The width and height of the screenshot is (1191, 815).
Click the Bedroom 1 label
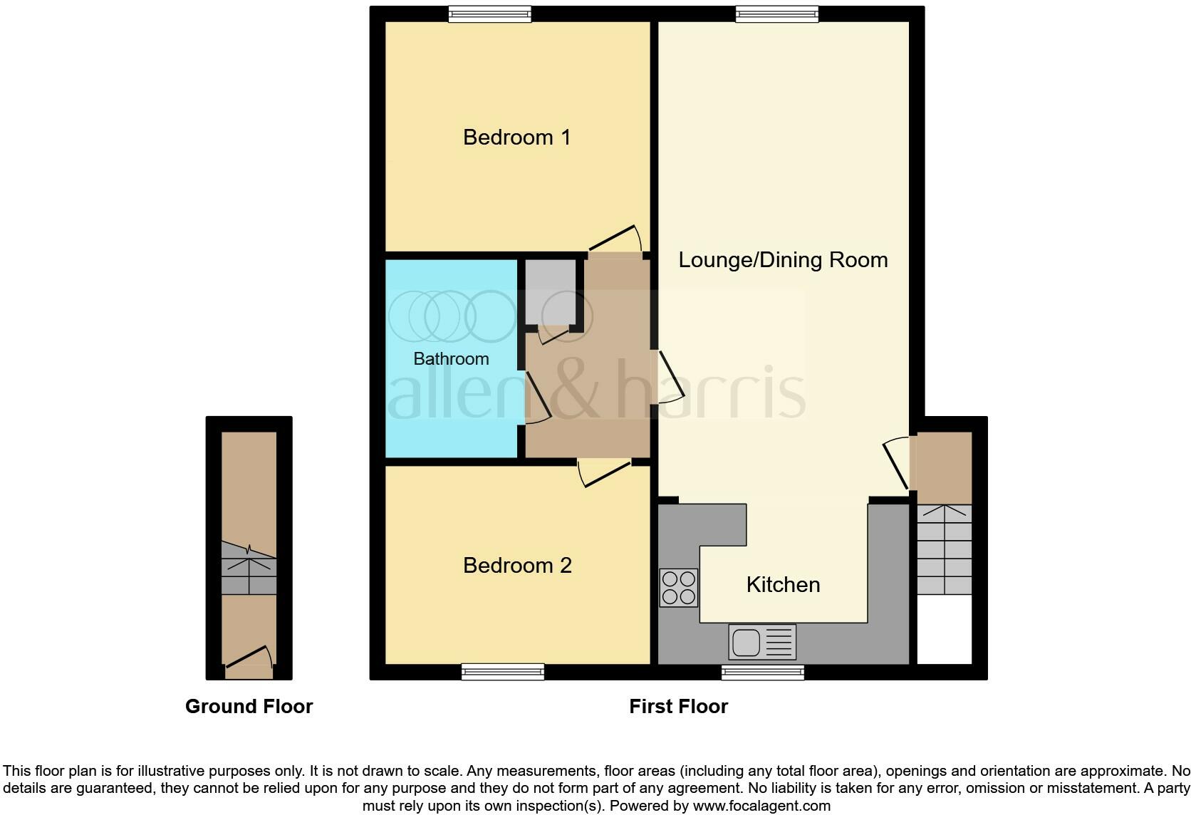(x=516, y=137)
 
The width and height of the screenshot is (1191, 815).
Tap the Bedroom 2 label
(x=517, y=565)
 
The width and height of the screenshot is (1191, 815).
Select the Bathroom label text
(x=451, y=358)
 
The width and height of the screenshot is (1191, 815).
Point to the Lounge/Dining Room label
(x=783, y=259)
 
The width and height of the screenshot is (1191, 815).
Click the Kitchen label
(x=783, y=584)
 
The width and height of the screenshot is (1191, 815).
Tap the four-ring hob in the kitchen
(x=678, y=588)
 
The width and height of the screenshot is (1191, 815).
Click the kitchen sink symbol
(x=761, y=642)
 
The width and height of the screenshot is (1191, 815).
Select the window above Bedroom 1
(x=489, y=14)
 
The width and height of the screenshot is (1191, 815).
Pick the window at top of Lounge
(x=776, y=14)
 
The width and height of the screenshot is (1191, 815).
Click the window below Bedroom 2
(x=502, y=671)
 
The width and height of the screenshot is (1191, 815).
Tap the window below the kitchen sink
(x=762, y=672)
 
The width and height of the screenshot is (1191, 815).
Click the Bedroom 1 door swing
(x=614, y=240)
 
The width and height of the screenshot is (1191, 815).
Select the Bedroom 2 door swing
(x=603, y=473)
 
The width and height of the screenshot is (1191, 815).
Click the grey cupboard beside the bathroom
(x=550, y=292)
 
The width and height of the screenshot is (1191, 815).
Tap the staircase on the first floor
(x=944, y=549)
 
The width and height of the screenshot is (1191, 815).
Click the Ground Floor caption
(x=249, y=706)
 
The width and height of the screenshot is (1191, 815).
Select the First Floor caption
(x=678, y=706)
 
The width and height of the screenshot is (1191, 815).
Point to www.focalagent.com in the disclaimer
(x=761, y=806)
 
